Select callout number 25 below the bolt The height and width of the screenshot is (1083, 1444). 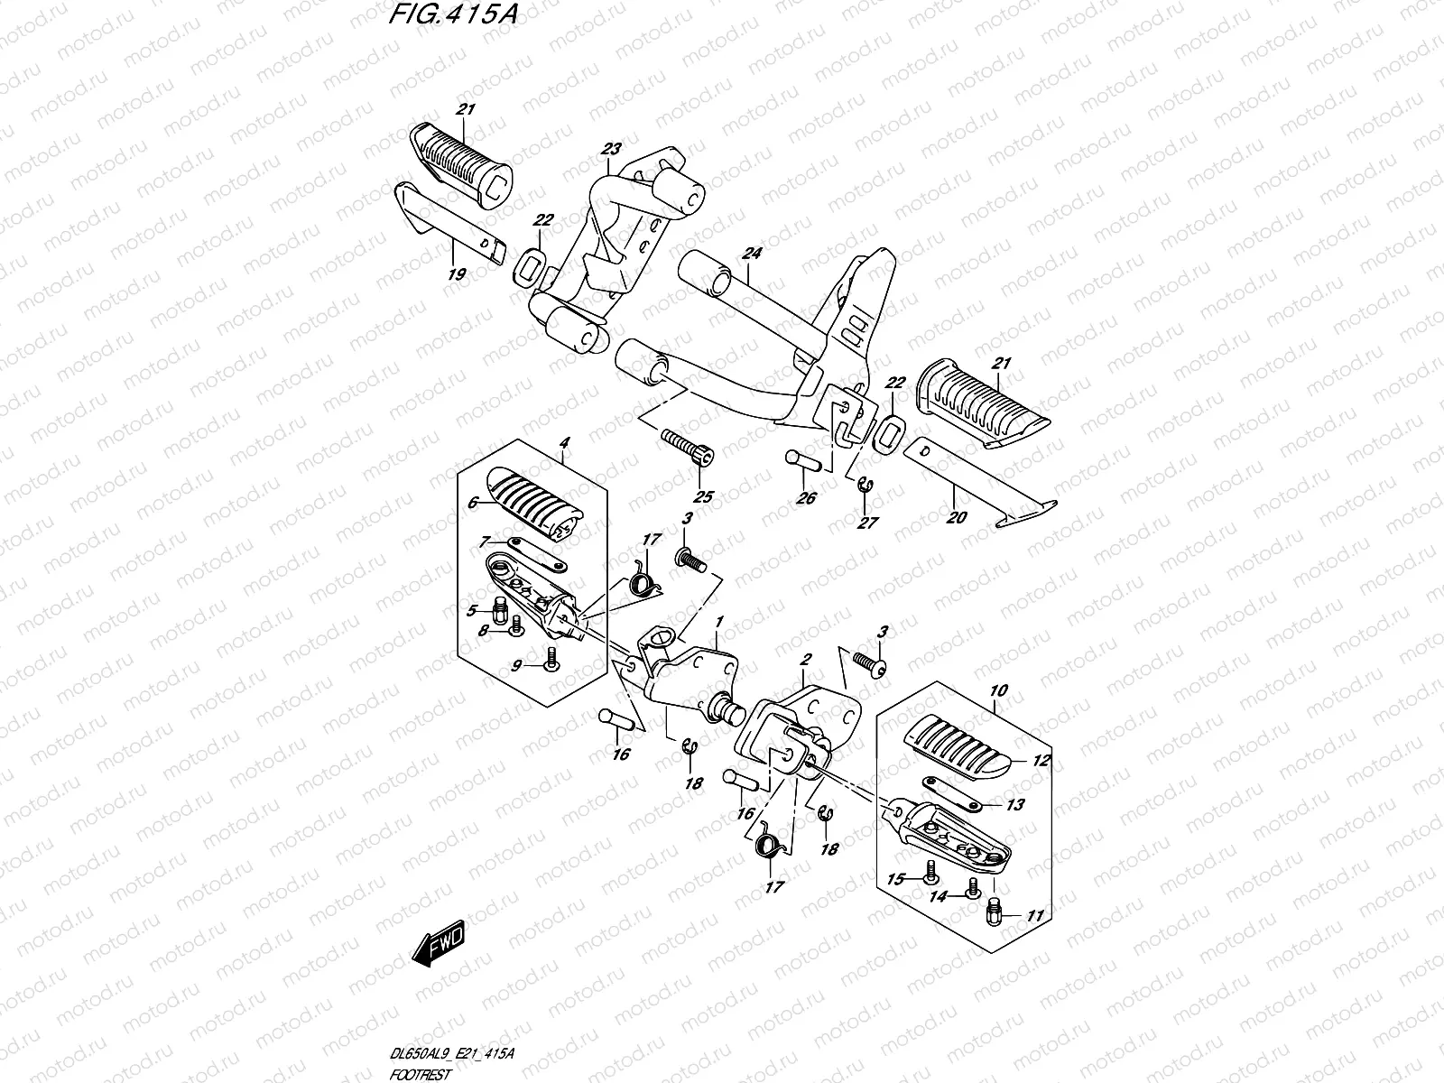[x=702, y=496]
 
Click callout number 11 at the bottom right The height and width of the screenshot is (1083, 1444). [x=1034, y=915]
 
